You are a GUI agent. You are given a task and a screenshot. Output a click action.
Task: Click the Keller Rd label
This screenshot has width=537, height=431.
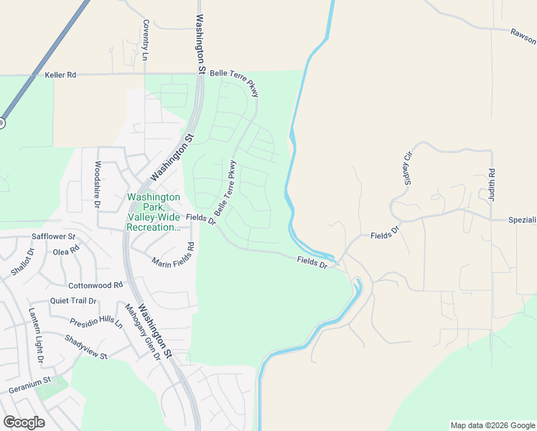pyautogui.click(x=60, y=75)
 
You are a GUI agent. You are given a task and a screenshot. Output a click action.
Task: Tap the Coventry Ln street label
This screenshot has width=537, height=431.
pyautogui.click(x=146, y=40)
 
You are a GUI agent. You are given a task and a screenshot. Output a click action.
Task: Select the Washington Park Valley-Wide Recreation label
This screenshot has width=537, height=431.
pyautogui.click(x=153, y=212)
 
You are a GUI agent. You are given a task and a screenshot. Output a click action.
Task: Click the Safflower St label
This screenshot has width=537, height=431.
pyautogui.click(x=54, y=236)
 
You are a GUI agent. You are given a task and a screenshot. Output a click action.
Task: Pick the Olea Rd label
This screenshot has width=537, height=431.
pyautogui.click(x=66, y=252)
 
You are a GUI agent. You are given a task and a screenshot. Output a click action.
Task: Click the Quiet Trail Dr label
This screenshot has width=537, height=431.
pyautogui.click(x=73, y=301)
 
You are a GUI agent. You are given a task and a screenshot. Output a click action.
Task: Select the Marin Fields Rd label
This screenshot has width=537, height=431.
pyautogui.click(x=173, y=256)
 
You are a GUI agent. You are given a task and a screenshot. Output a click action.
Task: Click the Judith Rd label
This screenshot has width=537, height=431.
pyautogui.click(x=492, y=184)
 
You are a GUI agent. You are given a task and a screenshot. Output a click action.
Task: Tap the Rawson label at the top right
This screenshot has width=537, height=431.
pyautogui.click(x=523, y=32)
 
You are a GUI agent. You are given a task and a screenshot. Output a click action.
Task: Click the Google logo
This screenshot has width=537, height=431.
pyautogui.click(x=24, y=422)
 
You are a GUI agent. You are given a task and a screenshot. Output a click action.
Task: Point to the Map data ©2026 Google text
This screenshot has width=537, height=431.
pyautogui.click(x=492, y=425)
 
